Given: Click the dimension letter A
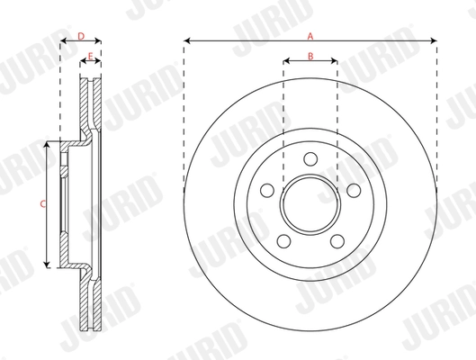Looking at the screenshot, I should pos(310,36).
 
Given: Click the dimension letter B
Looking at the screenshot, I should pos(310,57).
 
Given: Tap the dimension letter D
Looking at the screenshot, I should pos(80,36).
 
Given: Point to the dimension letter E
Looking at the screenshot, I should pos(91,57).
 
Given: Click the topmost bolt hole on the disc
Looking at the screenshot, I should pos(310,158).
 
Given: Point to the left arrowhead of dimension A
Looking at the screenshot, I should pos(186,41).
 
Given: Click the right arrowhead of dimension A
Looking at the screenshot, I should pos(435,41).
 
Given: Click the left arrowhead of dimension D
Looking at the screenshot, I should pos(63,41).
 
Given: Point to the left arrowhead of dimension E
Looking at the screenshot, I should pos(83,63).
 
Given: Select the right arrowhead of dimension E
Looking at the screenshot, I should pos(98,63).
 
